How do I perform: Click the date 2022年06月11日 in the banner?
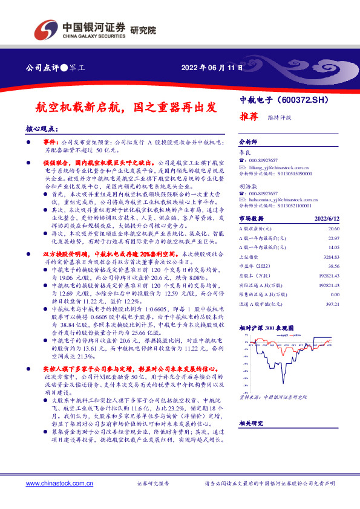tap(212, 68)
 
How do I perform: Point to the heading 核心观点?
tap(41, 129)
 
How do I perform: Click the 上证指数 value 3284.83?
tap(329, 256)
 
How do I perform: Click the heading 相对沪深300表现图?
tap(266, 327)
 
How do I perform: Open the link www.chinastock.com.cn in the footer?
tap(58, 484)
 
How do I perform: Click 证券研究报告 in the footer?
tap(153, 484)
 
